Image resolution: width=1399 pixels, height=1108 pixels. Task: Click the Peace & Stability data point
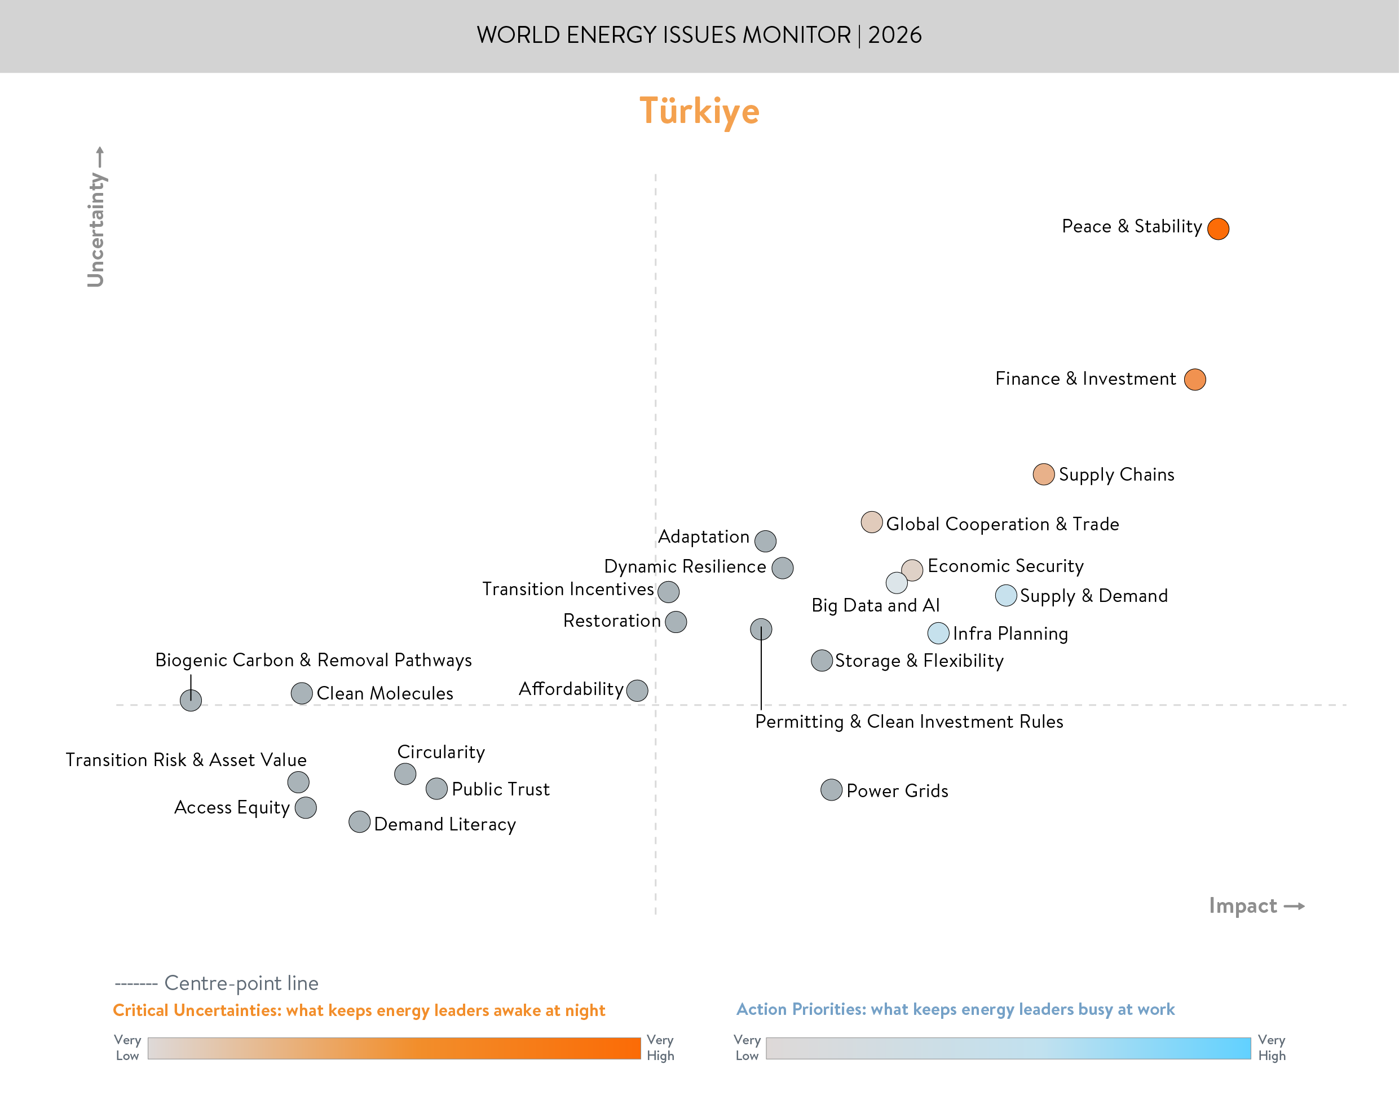coord(1218,228)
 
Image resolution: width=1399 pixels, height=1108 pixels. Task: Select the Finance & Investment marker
coord(1195,380)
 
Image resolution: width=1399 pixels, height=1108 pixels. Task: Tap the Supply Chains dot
coord(1043,474)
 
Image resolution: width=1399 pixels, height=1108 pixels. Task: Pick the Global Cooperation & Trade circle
coord(871,522)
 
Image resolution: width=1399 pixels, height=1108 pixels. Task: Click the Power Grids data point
coord(831,789)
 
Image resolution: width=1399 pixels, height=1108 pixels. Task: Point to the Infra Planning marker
coord(938,632)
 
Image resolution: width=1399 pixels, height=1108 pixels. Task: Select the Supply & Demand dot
coord(1005,595)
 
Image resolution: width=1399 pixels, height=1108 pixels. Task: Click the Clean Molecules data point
coord(302,693)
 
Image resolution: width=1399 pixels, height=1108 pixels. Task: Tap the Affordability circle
coord(637,690)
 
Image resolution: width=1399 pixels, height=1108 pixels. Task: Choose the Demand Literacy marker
coord(359,822)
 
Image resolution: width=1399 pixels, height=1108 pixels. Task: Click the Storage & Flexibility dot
coord(822,661)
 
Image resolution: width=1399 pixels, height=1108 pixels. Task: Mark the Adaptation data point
coord(765,540)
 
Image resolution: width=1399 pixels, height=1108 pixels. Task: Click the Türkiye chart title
coord(699,111)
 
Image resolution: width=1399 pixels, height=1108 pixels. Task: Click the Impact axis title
coord(1243,905)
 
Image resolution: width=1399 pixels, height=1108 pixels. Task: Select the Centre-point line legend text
coord(241,983)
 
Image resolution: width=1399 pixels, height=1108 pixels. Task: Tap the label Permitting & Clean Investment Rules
coord(909,722)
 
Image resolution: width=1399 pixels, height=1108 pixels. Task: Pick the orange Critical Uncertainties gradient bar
coord(394,1048)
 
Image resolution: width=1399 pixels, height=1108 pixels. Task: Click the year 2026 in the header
coord(895,35)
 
